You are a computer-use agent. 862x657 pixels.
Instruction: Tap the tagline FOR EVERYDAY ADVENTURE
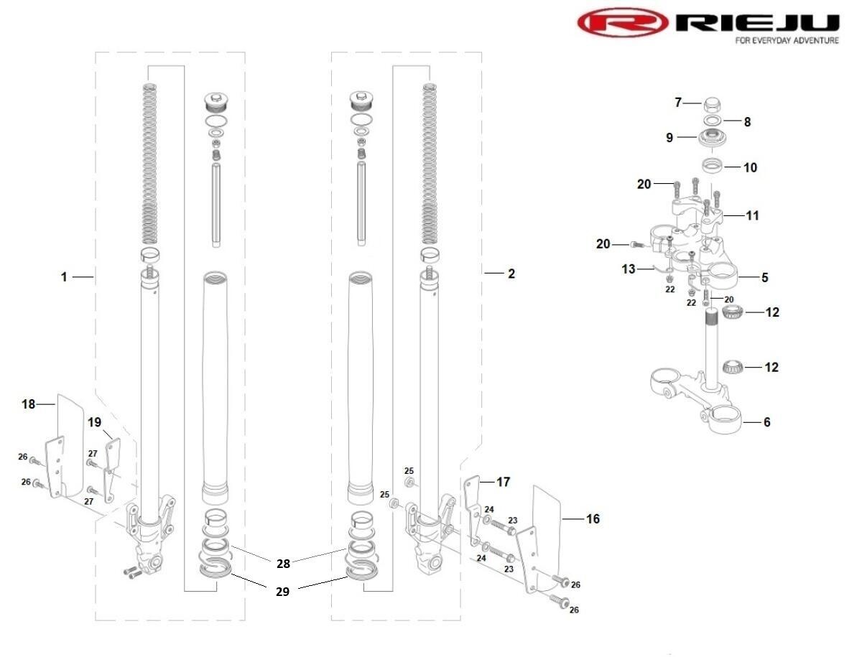click(787, 41)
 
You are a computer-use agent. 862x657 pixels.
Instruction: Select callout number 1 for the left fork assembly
click(64, 276)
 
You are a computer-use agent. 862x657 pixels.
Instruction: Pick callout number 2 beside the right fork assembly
click(511, 274)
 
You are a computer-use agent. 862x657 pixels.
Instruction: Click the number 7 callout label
click(677, 103)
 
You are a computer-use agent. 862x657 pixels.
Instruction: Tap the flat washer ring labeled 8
click(712, 121)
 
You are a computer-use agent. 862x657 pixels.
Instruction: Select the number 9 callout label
click(669, 137)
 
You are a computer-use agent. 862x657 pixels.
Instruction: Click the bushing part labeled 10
click(713, 167)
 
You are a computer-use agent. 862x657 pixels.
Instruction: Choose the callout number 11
click(752, 215)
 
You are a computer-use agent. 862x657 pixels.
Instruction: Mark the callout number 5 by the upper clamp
click(765, 276)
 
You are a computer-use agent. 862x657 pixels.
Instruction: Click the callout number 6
click(766, 422)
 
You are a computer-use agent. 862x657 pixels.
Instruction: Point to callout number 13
click(629, 269)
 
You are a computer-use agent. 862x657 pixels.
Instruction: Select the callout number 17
click(503, 482)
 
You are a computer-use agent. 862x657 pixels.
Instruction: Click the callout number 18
click(28, 404)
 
